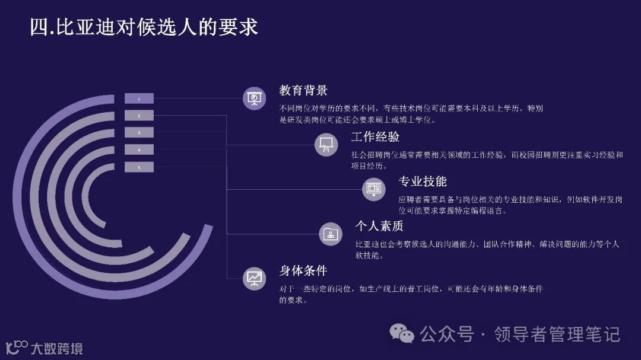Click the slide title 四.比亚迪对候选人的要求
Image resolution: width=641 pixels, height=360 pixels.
click(x=144, y=27)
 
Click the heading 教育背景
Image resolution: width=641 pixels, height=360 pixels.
click(x=303, y=91)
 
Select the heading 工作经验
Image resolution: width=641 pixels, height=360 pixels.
click(x=375, y=137)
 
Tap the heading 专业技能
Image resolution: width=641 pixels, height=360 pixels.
click(x=423, y=181)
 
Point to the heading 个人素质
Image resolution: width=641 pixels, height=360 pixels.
click(x=379, y=226)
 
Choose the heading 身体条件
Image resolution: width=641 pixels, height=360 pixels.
click(x=303, y=270)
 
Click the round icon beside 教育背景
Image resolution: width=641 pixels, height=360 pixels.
click(x=255, y=98)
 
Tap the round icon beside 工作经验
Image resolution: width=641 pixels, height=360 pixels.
click(x=326, y=144)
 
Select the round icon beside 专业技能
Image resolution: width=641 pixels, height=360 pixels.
click(x=374, y=189)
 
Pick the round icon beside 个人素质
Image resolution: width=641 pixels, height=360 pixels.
click(x=331, y=234)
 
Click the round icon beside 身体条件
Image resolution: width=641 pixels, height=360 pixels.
click(x=255, y=278)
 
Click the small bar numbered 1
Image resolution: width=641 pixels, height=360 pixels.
click(x=139, y=98)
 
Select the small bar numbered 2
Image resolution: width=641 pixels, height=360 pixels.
click(x=139, y=116)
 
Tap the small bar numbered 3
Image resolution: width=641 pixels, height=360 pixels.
click(x=139, y=133)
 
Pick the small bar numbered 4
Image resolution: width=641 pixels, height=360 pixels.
click(x=139, y=150)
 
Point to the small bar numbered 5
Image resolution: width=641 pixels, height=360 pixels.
click(x=139, y=167)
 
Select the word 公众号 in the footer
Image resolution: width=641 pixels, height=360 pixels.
click(x=447, y=334)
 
